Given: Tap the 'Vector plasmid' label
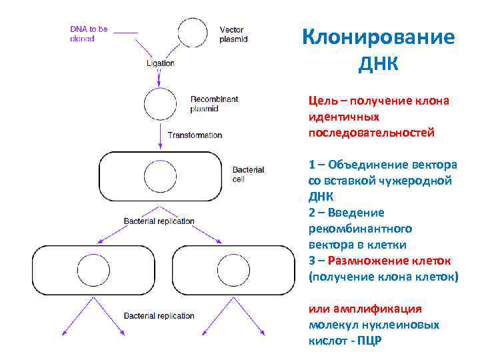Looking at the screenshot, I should (233, 35).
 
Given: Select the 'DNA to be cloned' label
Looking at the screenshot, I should (89, 34).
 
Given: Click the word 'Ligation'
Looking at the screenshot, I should (160, 63).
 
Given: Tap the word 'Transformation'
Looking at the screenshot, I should (195, 135).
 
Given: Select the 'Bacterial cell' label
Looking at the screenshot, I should (248, 175).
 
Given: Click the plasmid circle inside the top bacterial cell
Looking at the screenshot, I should (161, 177).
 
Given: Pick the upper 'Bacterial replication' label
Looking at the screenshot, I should (159, 221).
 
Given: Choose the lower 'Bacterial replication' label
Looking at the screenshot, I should (159, 315).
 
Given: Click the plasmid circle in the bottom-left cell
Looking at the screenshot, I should (93, 272).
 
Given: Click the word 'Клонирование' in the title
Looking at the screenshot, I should (378, 37).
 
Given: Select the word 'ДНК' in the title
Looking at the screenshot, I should (378, 65).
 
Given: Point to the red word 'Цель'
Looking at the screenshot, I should (322, 101).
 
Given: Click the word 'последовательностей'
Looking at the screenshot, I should (371, 133).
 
